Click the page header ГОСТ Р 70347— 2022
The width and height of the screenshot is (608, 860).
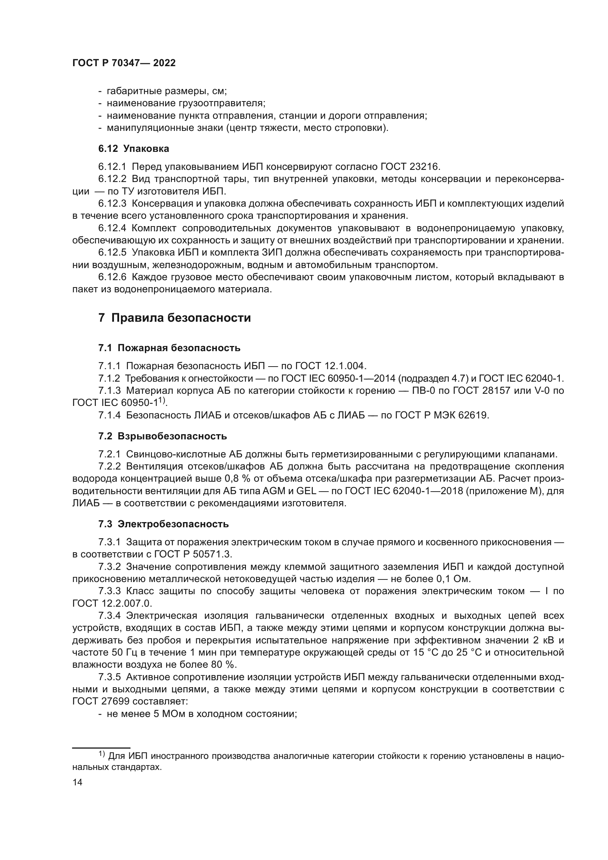coord(124,63)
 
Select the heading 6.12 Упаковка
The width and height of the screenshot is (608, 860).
coord(134,149)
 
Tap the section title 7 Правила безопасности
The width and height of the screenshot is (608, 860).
coord(175,318)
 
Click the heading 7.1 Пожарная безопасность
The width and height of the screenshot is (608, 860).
coord(169,348)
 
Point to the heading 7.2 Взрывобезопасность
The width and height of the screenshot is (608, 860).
coord(162,436)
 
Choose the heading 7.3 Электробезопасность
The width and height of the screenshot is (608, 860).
coord(164,524)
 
